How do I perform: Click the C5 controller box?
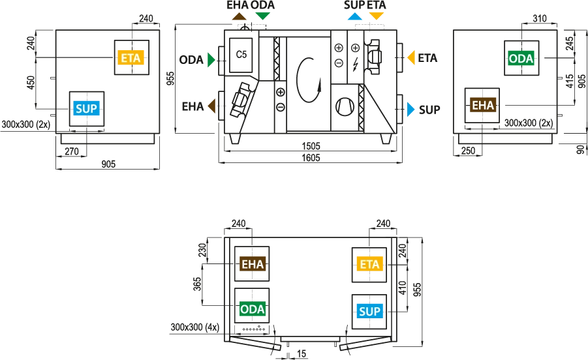click(241, 55)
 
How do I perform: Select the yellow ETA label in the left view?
click(131, 57)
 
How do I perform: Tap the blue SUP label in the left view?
click(87, 108)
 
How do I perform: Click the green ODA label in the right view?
click(521, 58)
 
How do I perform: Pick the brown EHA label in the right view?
click(483, 105)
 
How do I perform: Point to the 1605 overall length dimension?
click(311, 158)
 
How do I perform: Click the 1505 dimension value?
click(311, 146)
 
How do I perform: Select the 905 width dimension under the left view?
click(108, 164)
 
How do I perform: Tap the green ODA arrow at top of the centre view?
click(262, 16)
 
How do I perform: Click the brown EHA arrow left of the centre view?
click(211, 106)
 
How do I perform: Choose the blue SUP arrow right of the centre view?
click(411, 110)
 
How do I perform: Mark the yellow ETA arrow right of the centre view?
click(411, 57)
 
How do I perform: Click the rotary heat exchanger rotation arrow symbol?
click(309, 79)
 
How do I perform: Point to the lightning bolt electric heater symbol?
click(355, 65)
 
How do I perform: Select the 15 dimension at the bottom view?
click(302, 353)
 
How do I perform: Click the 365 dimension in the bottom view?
click(197, 284)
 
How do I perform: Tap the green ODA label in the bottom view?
click(253, 309)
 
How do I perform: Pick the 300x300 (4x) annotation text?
click(194, 327)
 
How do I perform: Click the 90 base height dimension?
click(581, 149)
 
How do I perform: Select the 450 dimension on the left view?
click(31, 82)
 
